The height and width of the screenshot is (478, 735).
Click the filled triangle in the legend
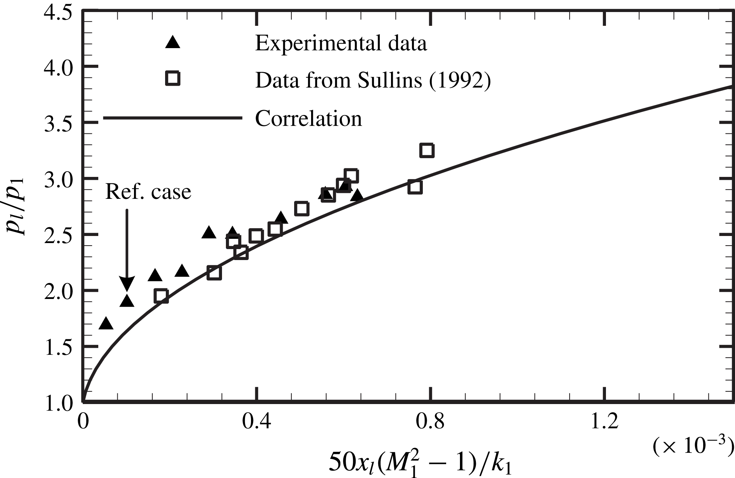[173, 42]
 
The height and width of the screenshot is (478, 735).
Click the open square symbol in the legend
[173, 78]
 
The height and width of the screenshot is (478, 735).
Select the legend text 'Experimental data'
[341, 44]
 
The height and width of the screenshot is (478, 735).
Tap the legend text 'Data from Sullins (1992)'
[373, 81]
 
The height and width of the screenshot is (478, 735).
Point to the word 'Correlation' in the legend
[308, 119]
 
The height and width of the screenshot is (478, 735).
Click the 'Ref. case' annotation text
[148, 192]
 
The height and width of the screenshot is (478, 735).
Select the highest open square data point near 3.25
[427, 150]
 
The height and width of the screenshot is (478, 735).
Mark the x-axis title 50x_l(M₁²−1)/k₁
[420, 462]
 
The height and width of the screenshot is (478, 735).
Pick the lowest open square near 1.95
[161, 296]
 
